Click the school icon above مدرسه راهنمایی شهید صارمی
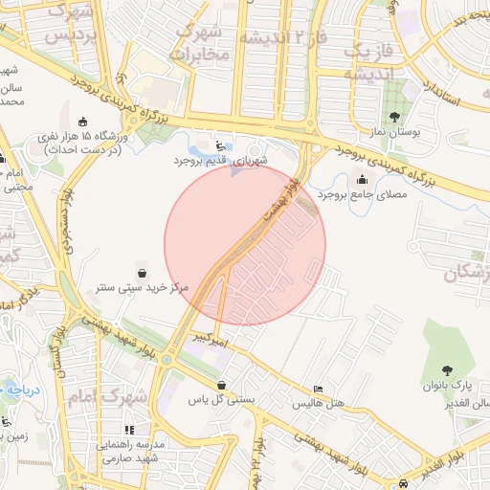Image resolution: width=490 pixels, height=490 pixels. click(129, 430)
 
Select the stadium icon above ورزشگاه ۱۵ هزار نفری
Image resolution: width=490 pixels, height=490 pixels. click(82, 121)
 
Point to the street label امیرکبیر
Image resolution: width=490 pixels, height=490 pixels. click(209, 338)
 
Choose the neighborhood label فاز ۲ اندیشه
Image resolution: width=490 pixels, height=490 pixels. click(282, 38)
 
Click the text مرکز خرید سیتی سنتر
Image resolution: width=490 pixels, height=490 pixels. click(143, 286)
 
